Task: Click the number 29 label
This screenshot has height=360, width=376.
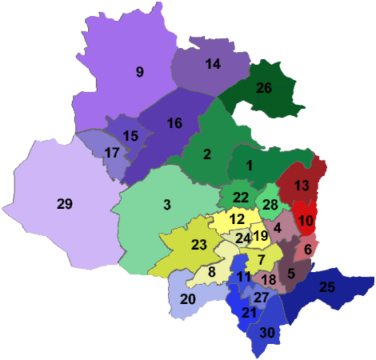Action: coord(65,204)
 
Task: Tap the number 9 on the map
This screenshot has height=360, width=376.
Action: coord(139,72)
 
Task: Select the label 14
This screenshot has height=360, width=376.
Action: coord(213,64)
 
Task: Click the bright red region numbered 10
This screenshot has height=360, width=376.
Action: coord(305,221)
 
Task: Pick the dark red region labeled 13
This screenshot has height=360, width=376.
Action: coord(302,185)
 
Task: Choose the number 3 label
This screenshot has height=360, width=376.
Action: coord(167,205)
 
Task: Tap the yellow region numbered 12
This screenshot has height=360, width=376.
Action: coord(237,218)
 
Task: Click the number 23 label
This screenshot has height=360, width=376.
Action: coord(199,245)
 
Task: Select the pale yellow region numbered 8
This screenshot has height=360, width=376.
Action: coord(212,272)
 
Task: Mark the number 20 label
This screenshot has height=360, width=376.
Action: coord(188,299)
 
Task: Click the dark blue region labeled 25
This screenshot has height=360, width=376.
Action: coord(326,287)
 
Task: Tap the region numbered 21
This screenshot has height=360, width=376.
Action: coord(249,313)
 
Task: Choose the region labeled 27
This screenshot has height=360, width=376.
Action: coord(262,297)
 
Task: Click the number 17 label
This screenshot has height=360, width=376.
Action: coord(112,152)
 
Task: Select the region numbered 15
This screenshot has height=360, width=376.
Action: coord(130,135)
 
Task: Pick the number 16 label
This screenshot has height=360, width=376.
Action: coord(174,122)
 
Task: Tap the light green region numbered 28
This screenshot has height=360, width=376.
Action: coord(270,206)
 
